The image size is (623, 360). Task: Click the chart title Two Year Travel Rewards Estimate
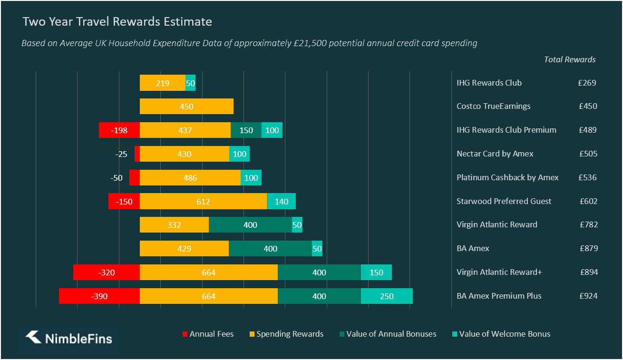click(x=117, y=22)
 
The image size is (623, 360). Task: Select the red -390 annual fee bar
click(x=99, y=296)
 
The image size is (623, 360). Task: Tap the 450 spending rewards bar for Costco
click(x=186, y=107)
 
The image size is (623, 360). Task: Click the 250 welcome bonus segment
click(x=387, y=296)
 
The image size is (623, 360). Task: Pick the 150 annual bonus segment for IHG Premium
click(x=246, y=130)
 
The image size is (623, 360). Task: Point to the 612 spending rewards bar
click(x=203, y=201)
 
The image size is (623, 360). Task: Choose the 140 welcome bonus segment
click(x=281, y=201)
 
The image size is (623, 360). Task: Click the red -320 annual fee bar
click(x=107, y=272)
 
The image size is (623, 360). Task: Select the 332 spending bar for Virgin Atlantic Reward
click(x=174, y=225)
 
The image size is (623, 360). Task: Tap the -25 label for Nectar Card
click(x=121, y=154)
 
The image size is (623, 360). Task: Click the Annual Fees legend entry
click(x=208, y=334)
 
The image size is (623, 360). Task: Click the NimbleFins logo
click(x=69, y=338)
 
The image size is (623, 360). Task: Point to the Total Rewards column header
click(x=569, y=59)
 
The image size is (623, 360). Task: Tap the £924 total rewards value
click(x=588, y=296)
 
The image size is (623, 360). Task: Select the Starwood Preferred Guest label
click(x=504, y=201)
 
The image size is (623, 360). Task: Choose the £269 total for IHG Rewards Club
click(x=587, y=83)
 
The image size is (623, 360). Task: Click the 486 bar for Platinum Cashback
click(x=190, y=178)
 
